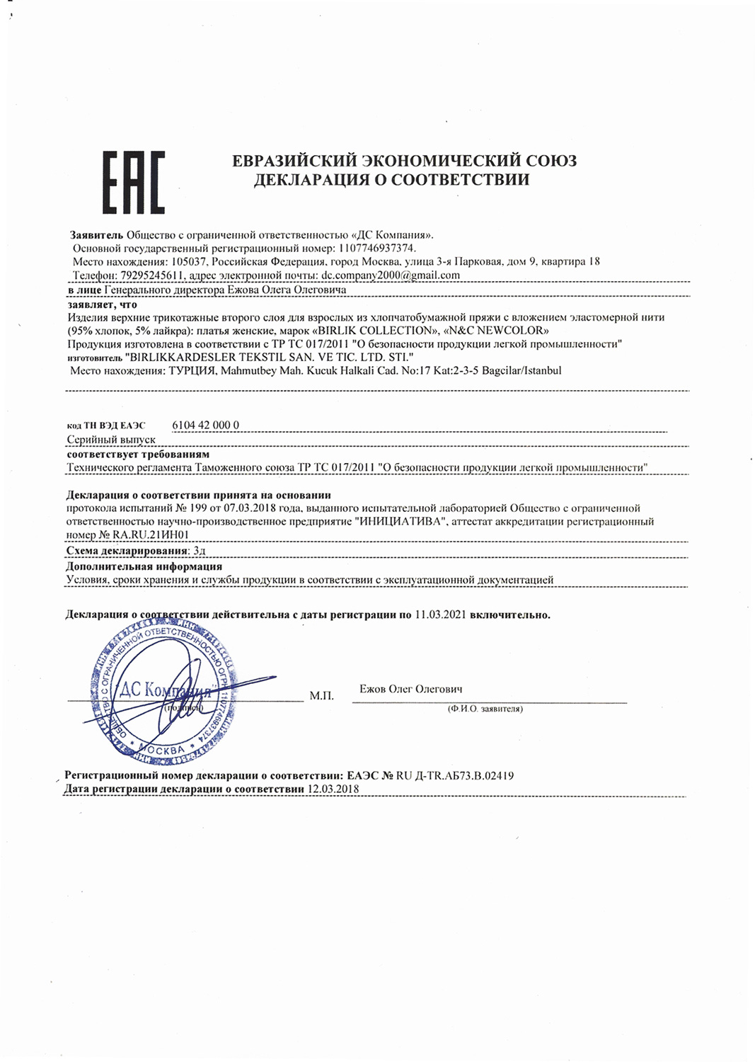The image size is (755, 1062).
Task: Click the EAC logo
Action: [133, 182]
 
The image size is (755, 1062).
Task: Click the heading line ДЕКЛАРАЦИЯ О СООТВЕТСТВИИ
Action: [391, 180]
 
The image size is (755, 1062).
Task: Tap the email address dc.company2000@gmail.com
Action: [391, 275]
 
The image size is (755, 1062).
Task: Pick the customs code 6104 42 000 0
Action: [205, 425]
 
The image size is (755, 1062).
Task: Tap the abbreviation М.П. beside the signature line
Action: [321, 696]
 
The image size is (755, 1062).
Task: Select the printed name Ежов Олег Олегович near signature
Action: [410, 688]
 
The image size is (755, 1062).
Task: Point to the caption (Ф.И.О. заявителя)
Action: [485, 708]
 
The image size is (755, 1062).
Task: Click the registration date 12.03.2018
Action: [333, 789]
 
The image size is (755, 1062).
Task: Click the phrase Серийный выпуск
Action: [111, 440]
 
